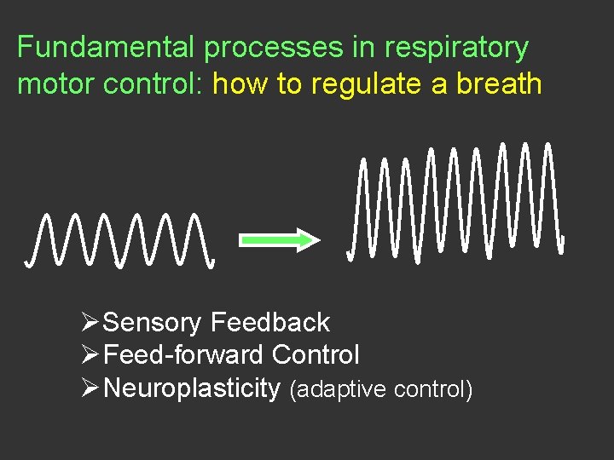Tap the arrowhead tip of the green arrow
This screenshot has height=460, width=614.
coord(317,240)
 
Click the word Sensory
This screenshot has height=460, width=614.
coord(152,323)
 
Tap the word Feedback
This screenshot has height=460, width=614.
coord(269,322)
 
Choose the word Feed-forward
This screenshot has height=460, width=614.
coord(182,354)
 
